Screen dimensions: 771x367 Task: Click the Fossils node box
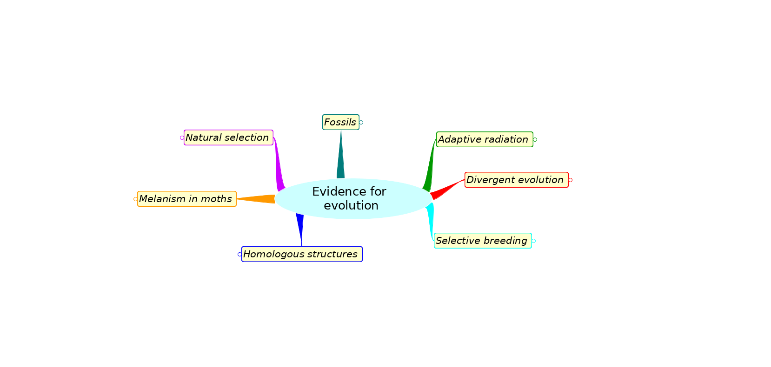pos(341,122)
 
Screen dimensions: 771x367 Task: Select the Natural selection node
pos(228,138)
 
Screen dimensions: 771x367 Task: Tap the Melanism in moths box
pos(187,199)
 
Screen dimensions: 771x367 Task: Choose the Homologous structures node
pos(302,254)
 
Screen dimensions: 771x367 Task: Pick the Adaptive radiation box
pos(485,139)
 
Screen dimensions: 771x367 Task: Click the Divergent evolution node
pos(516,180)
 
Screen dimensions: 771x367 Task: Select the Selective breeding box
pos(483,241)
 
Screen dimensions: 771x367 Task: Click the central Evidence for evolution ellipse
pos(353,198)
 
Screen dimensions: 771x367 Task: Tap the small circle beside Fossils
pos(361,123)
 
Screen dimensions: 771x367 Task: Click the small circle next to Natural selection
pos(182,138)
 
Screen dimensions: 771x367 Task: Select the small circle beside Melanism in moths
pos(136,199)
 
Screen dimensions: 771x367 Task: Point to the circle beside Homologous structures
pos(239,255)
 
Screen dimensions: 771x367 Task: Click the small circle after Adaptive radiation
pos(535,140)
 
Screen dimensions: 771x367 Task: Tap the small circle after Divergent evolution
pos(570,180)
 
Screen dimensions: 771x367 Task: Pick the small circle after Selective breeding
pos(534,241)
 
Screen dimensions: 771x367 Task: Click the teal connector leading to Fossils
pos(341,155)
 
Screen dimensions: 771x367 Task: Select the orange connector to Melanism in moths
pos(256,199)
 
